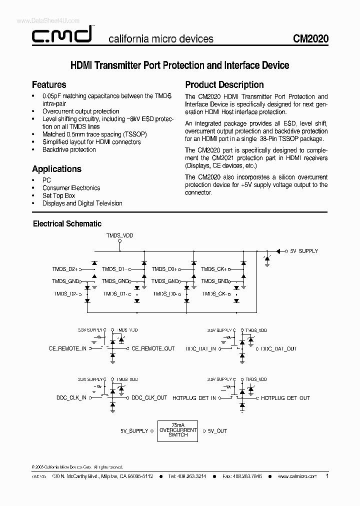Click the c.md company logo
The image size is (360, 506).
click(x=61, y=36)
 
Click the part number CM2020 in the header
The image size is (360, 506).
click(x=310, y=38)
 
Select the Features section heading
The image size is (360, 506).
click(x=49, y=84)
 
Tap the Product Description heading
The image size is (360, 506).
click(x=224, y=84)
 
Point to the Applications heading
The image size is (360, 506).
click(x=56, y=169)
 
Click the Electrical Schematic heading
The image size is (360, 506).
click(x=67, y=223)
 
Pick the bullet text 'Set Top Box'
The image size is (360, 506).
click(x=58, y=195)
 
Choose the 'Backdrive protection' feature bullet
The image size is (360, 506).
click(x=69, y=149)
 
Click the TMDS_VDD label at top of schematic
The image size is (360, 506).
click(x=119, y=234)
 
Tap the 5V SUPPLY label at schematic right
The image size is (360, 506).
click(x=303, y=251)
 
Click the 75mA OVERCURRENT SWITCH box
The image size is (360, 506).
click(x=178, y=430)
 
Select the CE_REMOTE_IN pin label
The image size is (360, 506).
click(x=67, y=348)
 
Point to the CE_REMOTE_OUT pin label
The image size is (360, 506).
click(x=153, y=348)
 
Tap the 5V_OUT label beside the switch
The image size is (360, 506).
click(x=217, y=430)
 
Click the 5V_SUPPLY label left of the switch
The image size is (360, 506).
click(x=134, y=430)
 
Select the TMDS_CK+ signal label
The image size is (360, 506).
click(x=213, y=269)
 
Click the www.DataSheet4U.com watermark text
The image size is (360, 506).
click(x=41, y=20)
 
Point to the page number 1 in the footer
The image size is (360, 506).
click(x=327, y=476)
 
